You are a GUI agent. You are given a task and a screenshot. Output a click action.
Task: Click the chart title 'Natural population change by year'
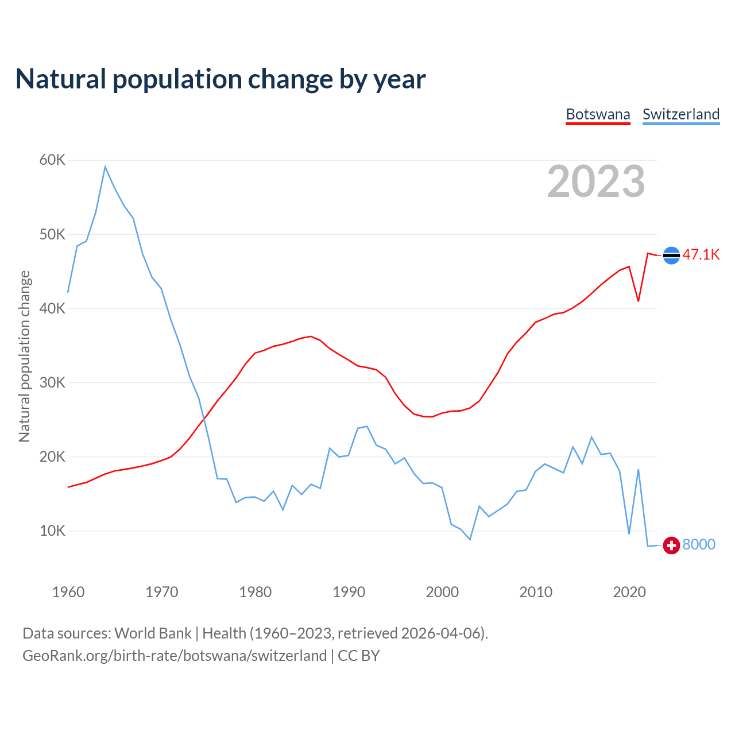coord(220,79)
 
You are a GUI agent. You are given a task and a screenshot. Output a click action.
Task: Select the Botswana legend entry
coord(598,114)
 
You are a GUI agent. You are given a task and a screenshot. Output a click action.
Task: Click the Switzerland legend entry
coord(681,114)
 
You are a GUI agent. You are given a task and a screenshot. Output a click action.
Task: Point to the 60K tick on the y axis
coord(52,160)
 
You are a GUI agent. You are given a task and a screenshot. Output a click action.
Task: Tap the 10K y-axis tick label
coord(52,531)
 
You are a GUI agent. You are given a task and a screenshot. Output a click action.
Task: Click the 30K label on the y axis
coord(52,382)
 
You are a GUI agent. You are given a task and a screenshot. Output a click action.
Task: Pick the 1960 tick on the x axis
coord(68,592)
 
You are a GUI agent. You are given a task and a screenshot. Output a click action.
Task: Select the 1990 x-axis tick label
coord(349,592)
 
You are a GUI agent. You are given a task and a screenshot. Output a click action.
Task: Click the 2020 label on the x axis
coord(629,592)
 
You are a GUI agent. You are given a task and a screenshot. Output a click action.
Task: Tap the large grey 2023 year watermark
coord(595,181)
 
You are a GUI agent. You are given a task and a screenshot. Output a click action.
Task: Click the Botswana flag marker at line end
coord(671,255)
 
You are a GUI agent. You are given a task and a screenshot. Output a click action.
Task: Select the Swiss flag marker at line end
coord(671,545)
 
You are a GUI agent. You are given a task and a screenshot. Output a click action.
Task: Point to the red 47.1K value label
coord(701,255)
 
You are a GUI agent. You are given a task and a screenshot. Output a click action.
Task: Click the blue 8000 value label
coord(699,545)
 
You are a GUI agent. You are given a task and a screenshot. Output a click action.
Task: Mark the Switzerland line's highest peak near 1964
coord(105,167)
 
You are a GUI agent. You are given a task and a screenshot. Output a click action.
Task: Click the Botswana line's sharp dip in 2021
coord(639,301)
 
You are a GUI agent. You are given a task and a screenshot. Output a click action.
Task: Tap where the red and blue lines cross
coord(204,417)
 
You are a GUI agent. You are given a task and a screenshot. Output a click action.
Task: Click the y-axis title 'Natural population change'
coord(24,357)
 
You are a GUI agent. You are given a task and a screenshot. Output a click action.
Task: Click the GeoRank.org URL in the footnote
coord(175,656)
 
